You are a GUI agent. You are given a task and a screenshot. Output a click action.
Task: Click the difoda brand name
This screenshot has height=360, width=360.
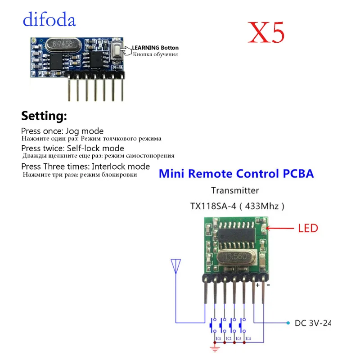tap(49, 20)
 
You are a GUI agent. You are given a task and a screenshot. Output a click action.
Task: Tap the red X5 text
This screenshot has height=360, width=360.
tap(266, 32)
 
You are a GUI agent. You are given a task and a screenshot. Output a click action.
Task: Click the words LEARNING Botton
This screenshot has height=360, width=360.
tap(155, 48)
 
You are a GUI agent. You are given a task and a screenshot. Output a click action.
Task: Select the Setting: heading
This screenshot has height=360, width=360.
tap(44, 117)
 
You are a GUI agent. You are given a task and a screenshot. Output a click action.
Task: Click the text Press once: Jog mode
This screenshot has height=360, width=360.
tap(62, 131)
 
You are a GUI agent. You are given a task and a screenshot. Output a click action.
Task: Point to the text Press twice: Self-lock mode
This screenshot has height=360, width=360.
tap(72, 148)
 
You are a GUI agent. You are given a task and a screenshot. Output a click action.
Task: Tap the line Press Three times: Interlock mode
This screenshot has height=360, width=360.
tap(85, 166)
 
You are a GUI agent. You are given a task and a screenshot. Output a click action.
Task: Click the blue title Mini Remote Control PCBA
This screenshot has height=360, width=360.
tap(237, 174)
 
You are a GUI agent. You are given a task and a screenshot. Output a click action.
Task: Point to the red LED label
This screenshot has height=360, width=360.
tap(308, 228)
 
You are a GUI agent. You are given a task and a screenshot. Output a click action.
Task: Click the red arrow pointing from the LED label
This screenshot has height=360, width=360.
tap(279, 228)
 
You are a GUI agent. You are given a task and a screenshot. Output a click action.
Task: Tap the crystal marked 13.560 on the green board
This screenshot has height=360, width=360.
tap(234, 258)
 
